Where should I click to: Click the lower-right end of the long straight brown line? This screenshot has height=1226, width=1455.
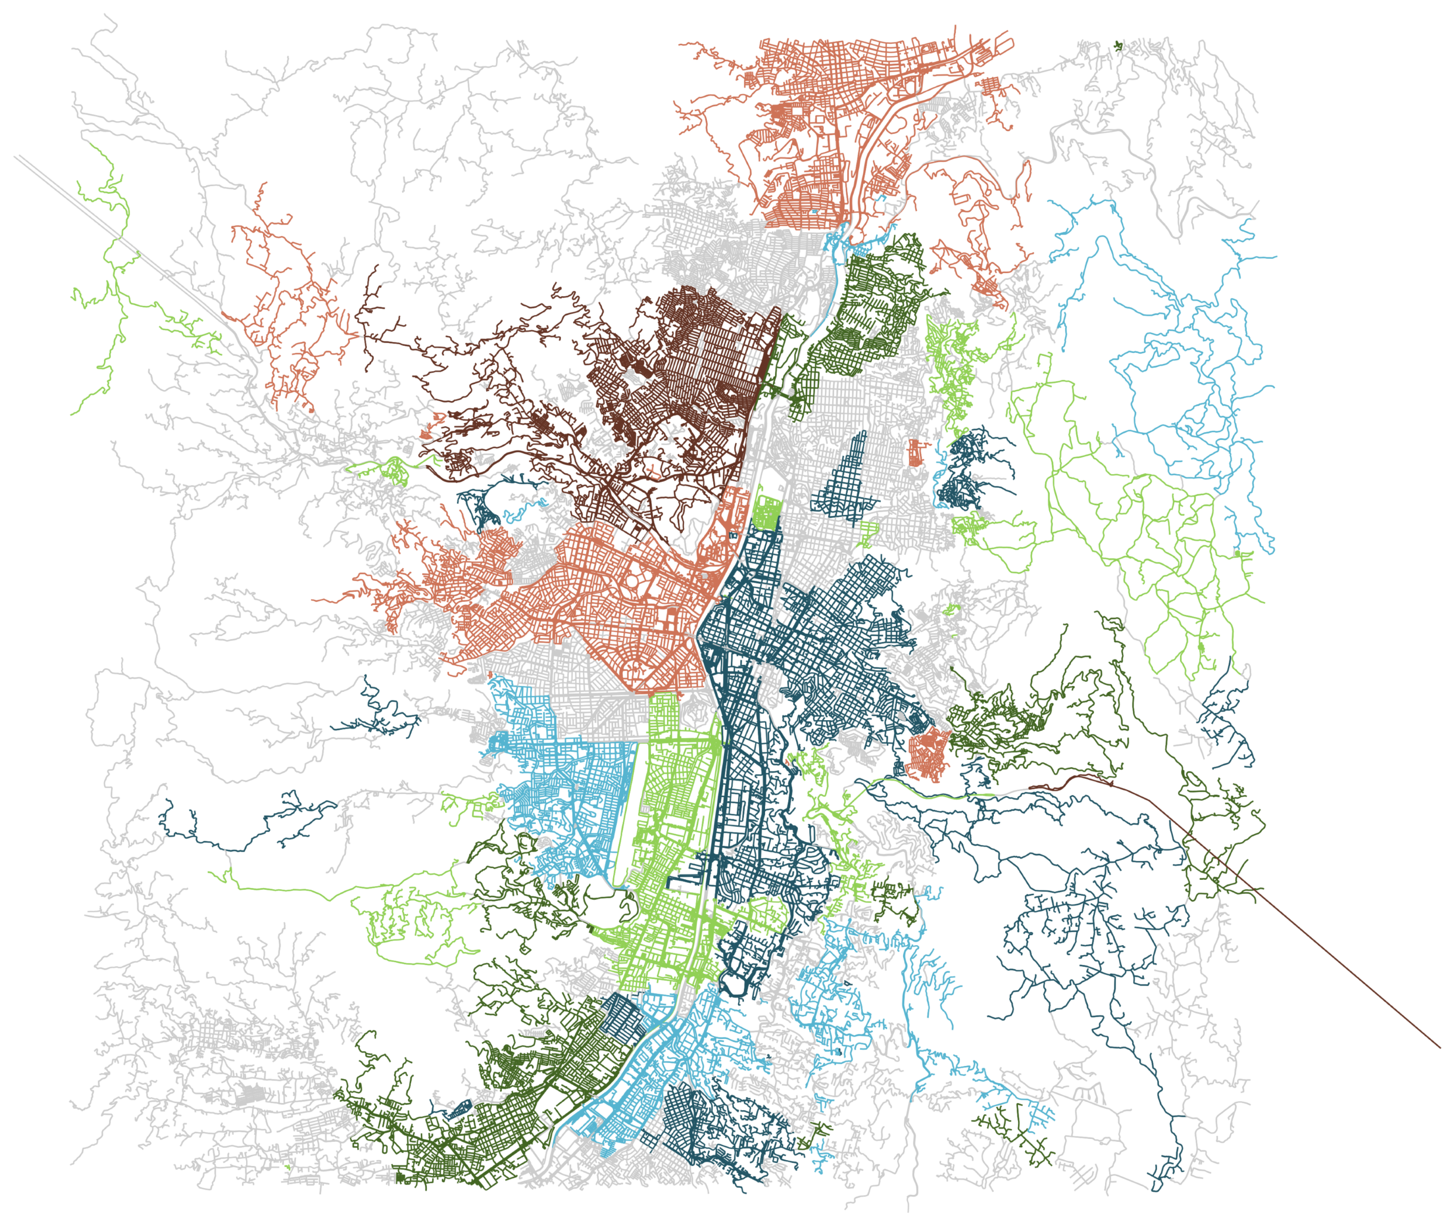pyautogui.click(x=1439, y=1047)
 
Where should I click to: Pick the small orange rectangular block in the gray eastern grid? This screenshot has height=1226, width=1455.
pyautogui.click(x=916, y=452)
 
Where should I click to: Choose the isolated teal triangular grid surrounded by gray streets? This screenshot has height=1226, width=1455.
pyautogui.click(x=845, y=479)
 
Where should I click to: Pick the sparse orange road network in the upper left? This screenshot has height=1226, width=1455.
pyautogui.click(x=285, y=306)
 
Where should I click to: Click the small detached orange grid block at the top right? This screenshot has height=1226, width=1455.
pyautogui.click(x=991, y=88)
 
